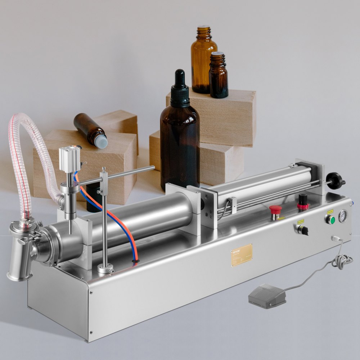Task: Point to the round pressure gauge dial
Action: [343, 216]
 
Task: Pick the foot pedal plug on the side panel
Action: [335, 238]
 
